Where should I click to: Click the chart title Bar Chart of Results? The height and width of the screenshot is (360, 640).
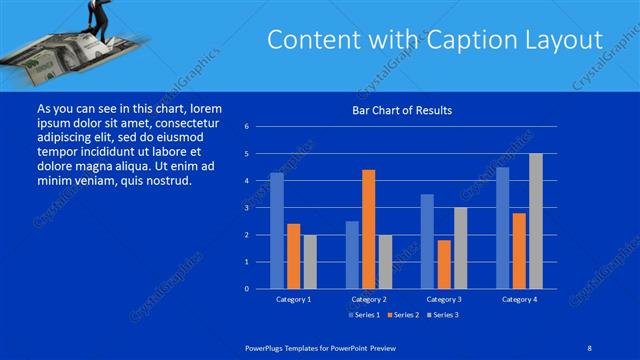400,110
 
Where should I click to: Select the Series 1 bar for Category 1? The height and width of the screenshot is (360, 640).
276,231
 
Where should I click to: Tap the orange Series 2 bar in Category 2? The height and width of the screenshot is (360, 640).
368,229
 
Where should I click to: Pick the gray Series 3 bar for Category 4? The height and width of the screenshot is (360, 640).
535,221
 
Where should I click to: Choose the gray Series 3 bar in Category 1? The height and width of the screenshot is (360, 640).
309,262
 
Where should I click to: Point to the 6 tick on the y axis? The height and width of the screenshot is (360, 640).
246,127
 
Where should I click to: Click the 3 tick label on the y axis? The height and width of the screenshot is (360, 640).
246,208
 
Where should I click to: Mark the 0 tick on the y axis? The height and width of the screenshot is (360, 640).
246,289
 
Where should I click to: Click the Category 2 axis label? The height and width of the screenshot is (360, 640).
368,299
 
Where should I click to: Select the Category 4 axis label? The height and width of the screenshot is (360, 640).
518,299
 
